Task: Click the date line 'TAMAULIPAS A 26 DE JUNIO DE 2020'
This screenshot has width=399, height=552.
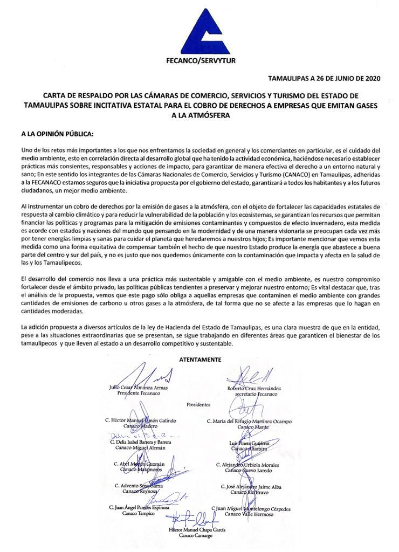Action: pos(324,78)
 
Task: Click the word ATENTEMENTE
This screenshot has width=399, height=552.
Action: pos(198,358)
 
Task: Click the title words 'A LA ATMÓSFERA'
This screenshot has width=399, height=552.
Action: pos(197,114)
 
